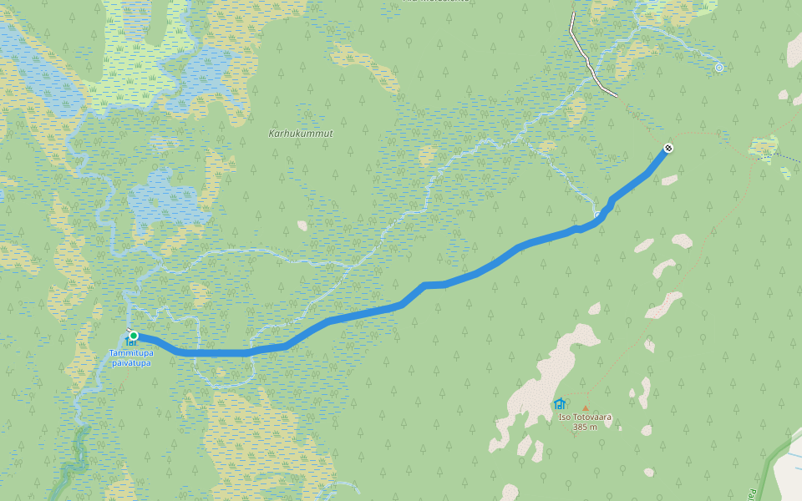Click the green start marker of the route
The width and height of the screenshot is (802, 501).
(x=133, y=336)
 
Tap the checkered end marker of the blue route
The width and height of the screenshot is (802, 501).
(x=668, y=148)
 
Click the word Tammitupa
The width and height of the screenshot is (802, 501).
(x=131, y=353)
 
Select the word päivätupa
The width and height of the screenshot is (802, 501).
(x=131, y=363)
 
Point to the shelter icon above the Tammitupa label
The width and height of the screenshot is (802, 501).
(x=130, y=342)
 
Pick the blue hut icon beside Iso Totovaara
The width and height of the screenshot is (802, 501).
(x=560, y=404)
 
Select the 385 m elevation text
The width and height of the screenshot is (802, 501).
(x=585, y=427)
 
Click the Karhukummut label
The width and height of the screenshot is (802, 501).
(x=301, y=134)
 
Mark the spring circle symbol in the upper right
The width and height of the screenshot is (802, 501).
(x=719, y=68)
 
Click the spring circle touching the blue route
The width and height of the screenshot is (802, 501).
(x=598, y=215)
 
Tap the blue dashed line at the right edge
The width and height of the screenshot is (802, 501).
(x=789, y=156)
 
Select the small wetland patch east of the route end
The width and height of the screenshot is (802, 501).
(x=764, y=148)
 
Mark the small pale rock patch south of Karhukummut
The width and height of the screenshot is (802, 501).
(x=302, y=225)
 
